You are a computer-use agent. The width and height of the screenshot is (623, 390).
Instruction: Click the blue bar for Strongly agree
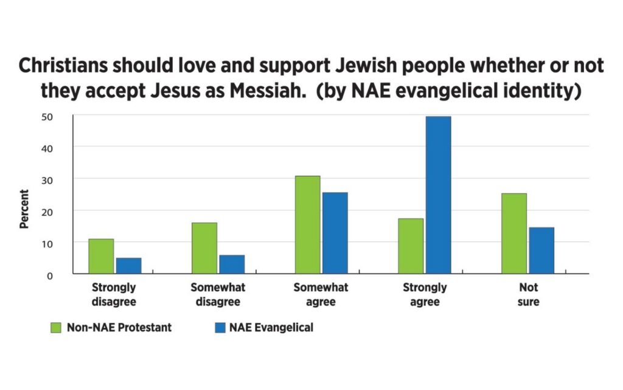(438, 195)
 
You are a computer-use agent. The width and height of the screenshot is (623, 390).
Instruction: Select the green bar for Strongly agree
(411, 246)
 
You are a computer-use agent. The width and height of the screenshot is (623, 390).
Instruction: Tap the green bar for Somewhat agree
(307, 225)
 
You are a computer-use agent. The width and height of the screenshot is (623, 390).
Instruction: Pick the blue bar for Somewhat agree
(335, 233)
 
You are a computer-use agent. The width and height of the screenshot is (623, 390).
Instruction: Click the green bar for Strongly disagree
(101, 256)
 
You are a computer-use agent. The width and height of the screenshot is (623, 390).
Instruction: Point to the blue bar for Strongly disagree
(128, 266)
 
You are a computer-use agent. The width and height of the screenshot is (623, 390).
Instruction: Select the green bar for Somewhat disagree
(204, 248)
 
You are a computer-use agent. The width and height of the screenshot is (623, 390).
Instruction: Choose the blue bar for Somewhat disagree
(232, 264)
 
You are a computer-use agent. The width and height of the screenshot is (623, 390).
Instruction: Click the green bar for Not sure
(514, 233)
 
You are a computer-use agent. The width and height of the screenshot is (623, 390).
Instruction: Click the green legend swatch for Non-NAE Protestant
(57, 328)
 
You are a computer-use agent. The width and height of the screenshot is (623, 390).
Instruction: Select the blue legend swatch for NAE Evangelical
(218, 328)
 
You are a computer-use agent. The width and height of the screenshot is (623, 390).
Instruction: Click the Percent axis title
(24, 209)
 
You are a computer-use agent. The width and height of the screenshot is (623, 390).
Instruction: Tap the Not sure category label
(528, 294)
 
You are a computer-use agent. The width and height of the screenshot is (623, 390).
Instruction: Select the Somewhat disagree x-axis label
(218, 294)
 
